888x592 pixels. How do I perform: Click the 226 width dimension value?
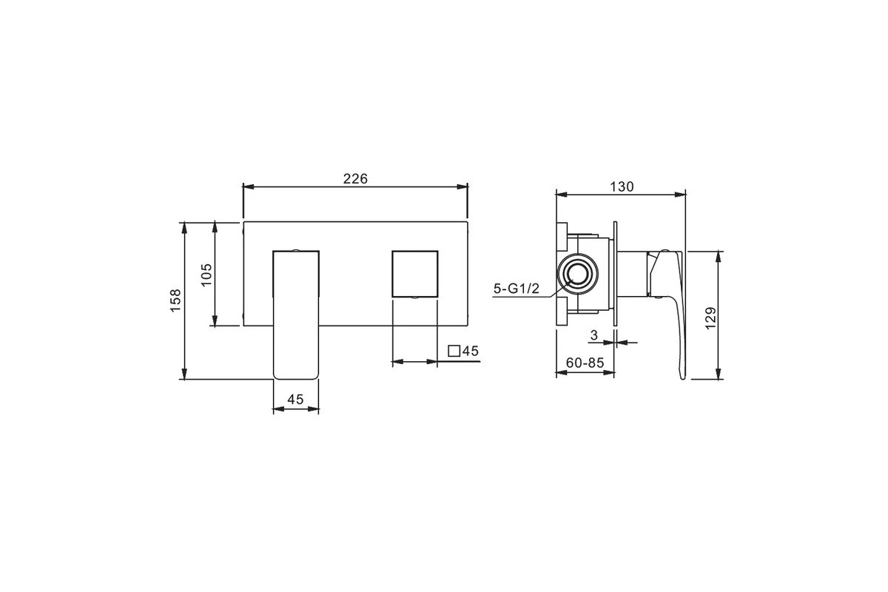[x=355, y=179]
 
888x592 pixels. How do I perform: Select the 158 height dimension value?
[x=175, y=300]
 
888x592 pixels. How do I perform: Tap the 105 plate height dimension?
[x=206, y=275]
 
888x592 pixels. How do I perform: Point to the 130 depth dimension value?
[x=622, y=186]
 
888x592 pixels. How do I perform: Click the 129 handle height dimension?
[x=711, y=317]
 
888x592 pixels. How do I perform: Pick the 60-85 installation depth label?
[x=585, y=363]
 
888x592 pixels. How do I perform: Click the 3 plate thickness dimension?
[x=593, y=335]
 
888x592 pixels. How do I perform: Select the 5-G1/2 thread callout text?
[x=517, y=289]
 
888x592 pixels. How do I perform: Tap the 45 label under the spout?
[x=295, y=399]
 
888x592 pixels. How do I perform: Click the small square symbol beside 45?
[x=454, y=351]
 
